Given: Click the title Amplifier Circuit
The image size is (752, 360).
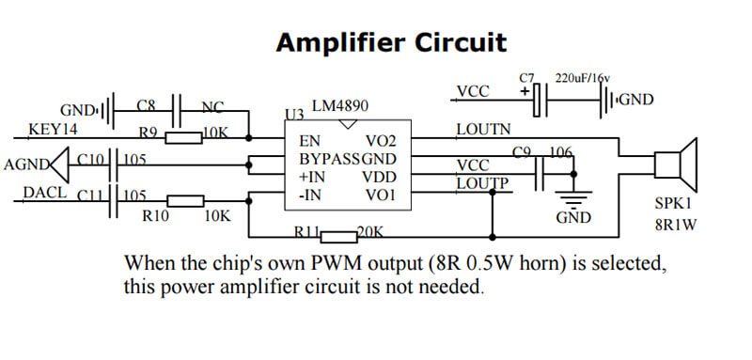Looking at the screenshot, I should tap(391, 42).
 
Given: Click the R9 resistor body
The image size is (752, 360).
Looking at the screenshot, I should tap(184, 138).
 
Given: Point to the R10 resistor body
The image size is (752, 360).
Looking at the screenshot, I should tap(185, 200).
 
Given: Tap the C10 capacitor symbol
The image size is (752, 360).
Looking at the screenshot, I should tap(114, 165).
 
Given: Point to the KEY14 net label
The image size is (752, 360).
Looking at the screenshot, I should tap(54, 129).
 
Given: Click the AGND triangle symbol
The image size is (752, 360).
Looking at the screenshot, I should tap(58, 165).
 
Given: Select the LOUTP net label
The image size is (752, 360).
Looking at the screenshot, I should tap(483, 183).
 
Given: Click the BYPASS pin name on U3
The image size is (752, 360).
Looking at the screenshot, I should tap(329, 159).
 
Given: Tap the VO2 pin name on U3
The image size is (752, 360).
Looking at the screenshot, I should tap(382, 140).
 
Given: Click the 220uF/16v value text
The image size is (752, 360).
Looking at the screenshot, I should tap(585, 78).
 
